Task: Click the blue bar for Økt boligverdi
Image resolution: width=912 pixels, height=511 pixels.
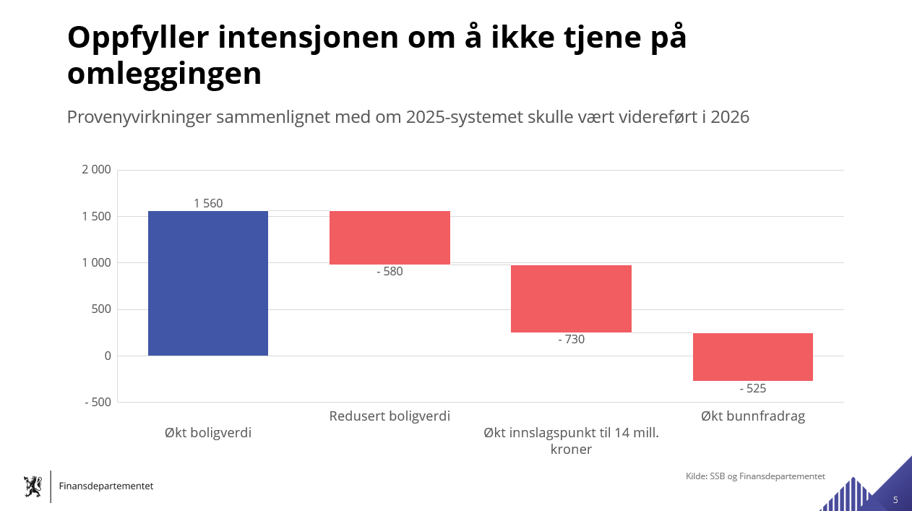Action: pos(208,283)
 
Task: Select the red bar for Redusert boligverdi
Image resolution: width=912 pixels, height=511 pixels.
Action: pos(390,238)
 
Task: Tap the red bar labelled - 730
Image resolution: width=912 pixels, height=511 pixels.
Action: pos(571,299)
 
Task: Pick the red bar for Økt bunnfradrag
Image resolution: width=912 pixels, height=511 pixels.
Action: pos(752,357)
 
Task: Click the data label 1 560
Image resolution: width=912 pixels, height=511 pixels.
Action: pos(208,204)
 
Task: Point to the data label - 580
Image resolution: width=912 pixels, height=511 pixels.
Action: pos(390,272)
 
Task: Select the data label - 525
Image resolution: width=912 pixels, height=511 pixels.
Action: pos(752,388)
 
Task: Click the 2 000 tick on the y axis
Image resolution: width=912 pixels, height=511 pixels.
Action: pos(96,170)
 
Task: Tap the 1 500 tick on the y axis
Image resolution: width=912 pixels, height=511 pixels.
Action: pos(96,217)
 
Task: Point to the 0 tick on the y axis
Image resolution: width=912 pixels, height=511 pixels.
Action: pos(108,356)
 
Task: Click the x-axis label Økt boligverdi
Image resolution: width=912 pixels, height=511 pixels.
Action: pos(208,433)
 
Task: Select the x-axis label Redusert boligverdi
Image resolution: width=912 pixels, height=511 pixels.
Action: pos(390,416)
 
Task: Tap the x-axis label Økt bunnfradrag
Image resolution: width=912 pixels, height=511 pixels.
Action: pos(752,416)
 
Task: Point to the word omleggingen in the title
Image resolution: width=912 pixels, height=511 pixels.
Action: pos(164,74)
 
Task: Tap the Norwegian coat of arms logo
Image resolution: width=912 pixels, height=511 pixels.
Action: pos(33,486)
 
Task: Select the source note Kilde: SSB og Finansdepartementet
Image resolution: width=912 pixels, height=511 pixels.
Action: pos(755,476)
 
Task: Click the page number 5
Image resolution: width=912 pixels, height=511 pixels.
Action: pos(895,500)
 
